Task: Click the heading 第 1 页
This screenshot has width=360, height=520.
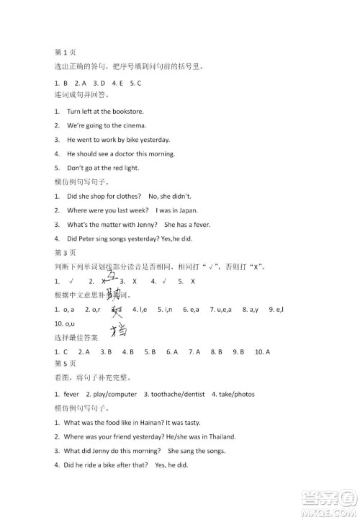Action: (66, 53)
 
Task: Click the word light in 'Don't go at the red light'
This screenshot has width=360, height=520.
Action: (130, 168)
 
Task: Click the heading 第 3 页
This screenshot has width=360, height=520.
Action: (66, 253)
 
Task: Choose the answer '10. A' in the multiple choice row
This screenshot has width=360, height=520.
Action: (261, 352)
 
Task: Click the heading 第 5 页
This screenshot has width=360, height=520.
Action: (66, 364)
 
